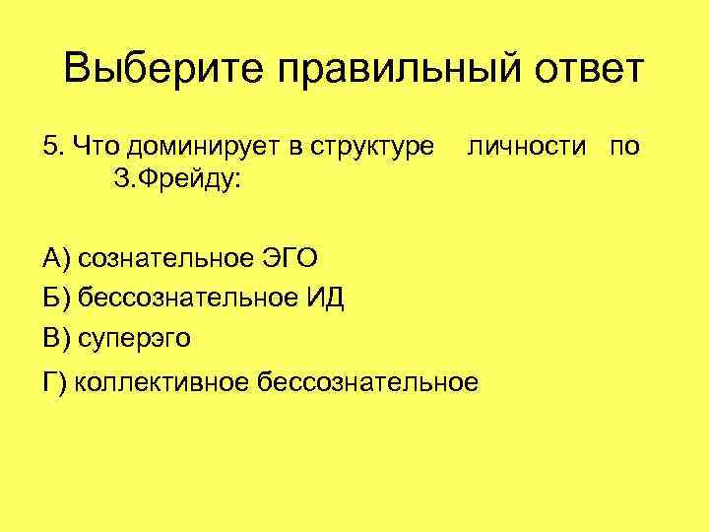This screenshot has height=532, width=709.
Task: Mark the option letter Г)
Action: point(55,381)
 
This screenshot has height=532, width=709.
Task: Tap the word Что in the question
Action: point(90,147)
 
